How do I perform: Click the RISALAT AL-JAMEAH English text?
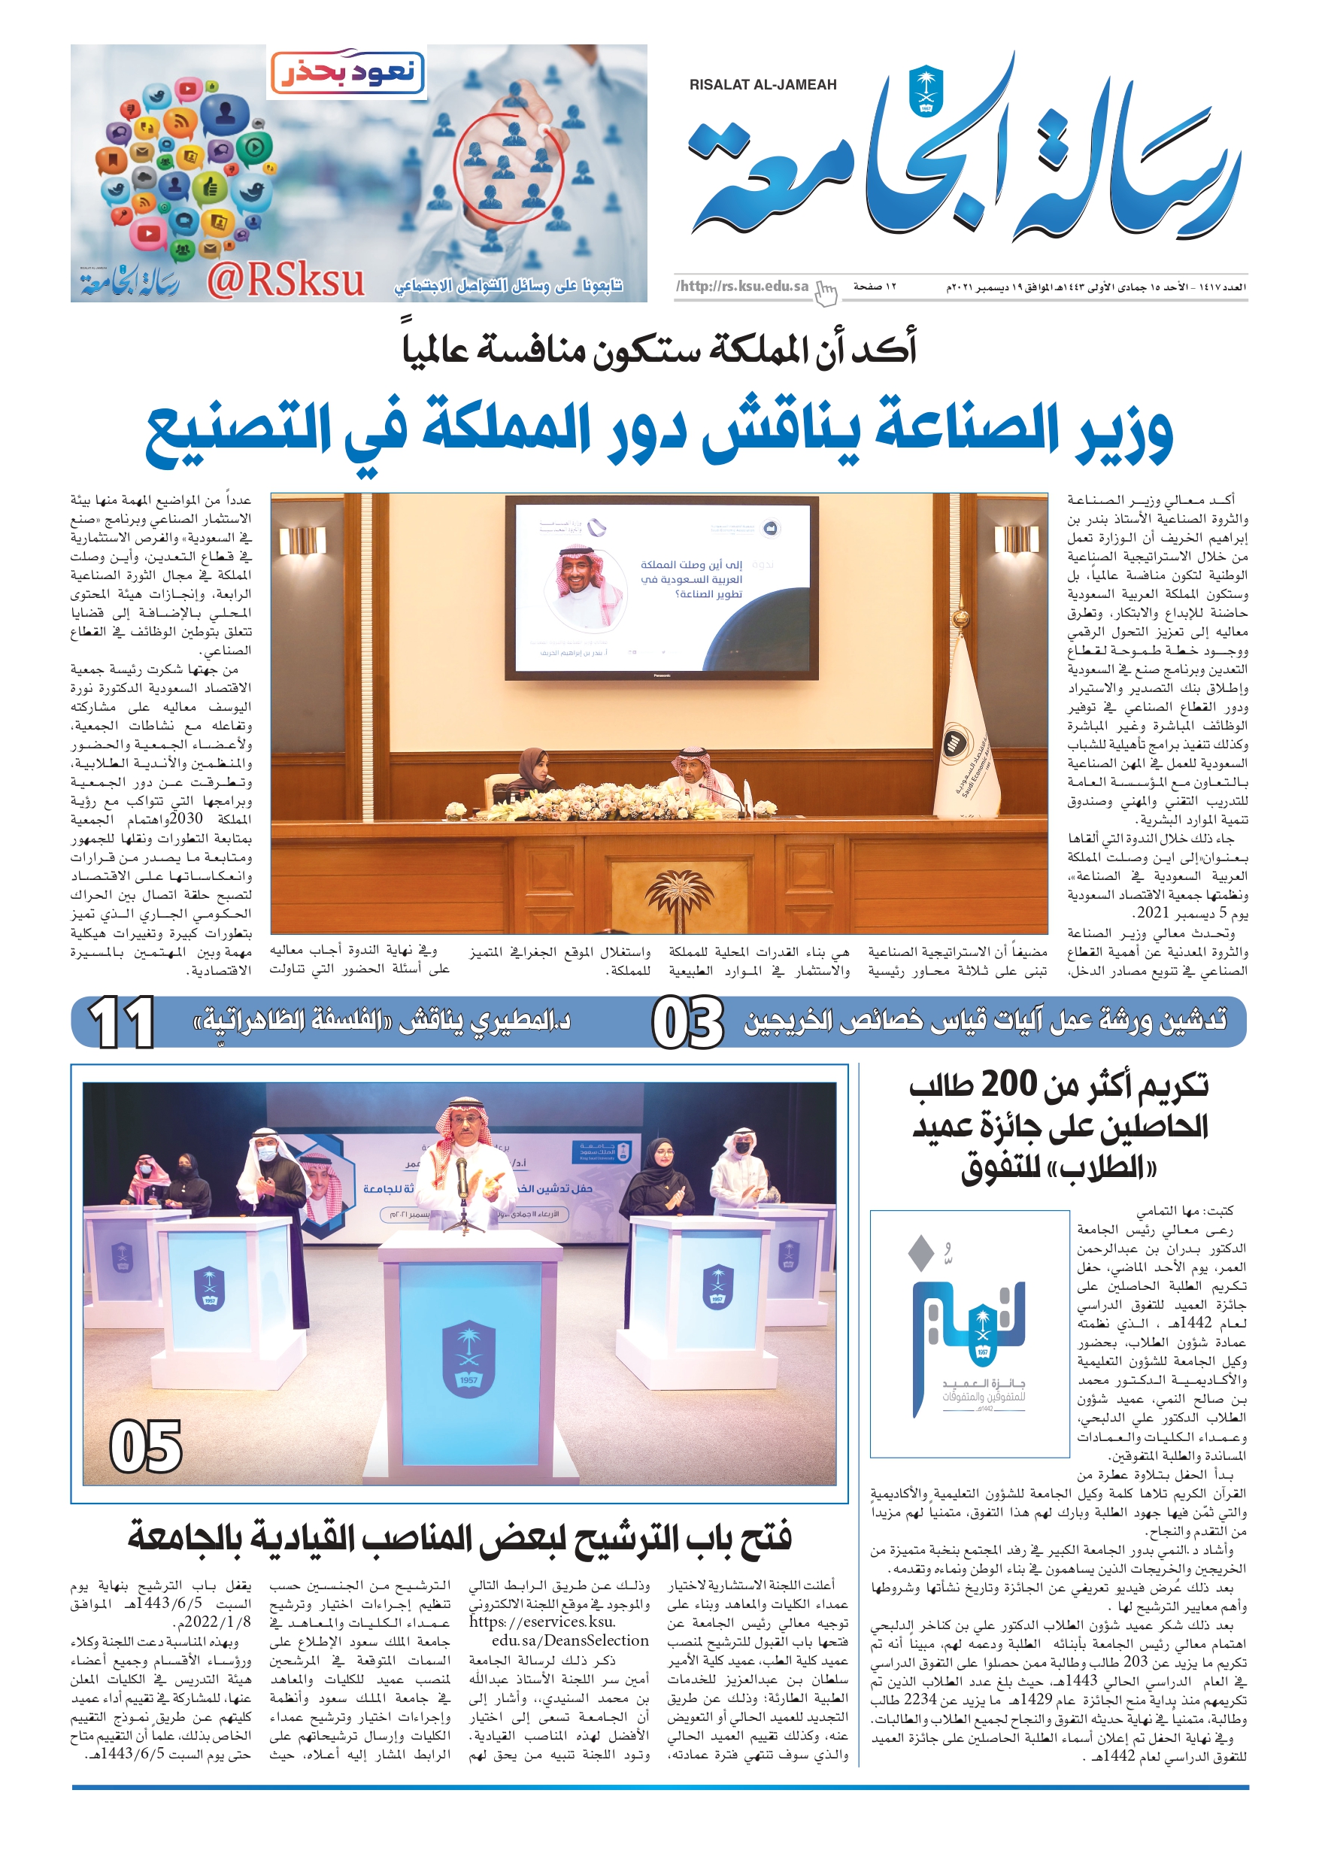click(x=762, y=84)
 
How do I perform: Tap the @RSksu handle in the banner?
click(x=284, y=281)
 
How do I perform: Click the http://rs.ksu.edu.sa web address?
click(x=742, y=286)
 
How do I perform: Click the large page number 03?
click(x=687, y=1023)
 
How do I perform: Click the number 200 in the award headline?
click(x=1009, y=1084)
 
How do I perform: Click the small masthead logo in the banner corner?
click(x=129, y=281)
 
